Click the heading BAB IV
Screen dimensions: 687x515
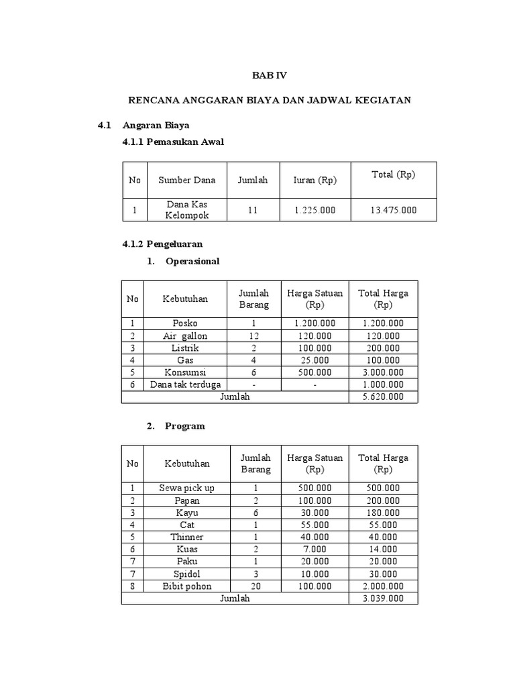[269, 75]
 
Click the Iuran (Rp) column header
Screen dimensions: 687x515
[314, 180]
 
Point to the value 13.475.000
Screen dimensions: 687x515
[393, 210]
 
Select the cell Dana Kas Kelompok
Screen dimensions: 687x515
[186, 210]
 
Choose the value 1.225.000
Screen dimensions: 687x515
[314, 210]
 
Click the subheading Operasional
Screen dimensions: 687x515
[192, 261]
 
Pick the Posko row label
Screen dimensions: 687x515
[185, 323]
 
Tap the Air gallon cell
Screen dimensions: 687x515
[185, 335]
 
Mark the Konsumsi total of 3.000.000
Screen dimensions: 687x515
[383, 372]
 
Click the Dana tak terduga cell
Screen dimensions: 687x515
[185, 384]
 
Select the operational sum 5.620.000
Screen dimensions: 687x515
[383, 397]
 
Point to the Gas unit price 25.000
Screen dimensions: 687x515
[314, 360]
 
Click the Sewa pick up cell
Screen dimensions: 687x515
[186, 488]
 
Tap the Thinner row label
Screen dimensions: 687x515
[186, 537]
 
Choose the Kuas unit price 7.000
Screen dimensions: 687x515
[314, 549]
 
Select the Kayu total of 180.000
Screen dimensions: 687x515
[383, 513]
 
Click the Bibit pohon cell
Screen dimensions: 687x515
[186, 586]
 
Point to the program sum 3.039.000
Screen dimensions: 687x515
[383, 598]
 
